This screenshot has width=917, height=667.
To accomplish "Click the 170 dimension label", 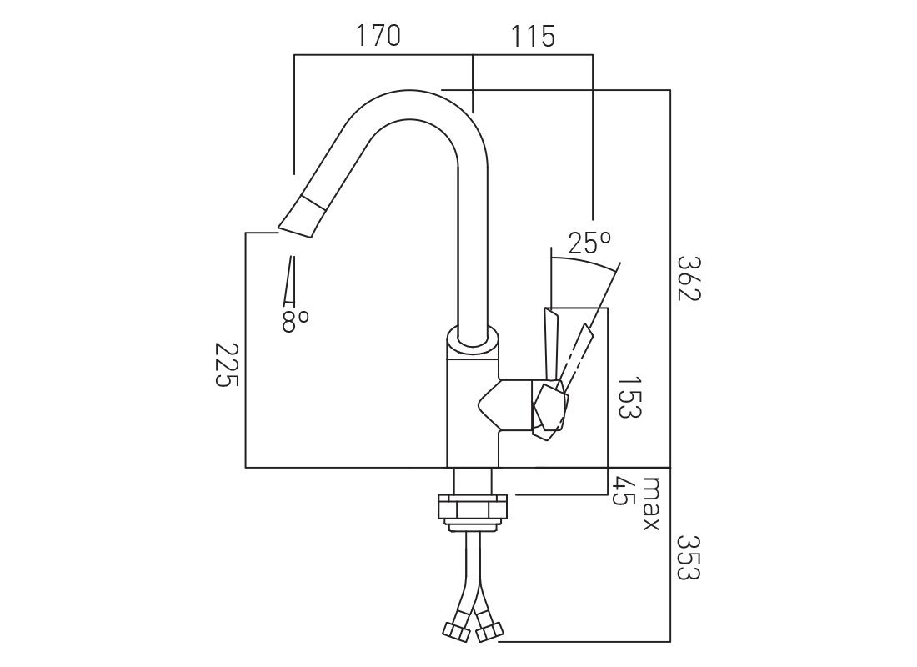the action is coord(378,36).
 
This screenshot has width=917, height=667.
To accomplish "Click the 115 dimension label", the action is coord(533,37).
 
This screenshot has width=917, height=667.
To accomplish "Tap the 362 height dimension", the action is coord(688,278).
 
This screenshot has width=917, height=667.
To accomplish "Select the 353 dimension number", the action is coord(688,556).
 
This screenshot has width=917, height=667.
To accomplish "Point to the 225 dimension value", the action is coord(227,364).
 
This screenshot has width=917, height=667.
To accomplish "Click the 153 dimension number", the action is coord(629,397).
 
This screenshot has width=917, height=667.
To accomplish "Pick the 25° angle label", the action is coord(589,243).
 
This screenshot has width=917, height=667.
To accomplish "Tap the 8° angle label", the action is coord(295,321).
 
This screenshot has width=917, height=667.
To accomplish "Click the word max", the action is coord(652,504).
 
